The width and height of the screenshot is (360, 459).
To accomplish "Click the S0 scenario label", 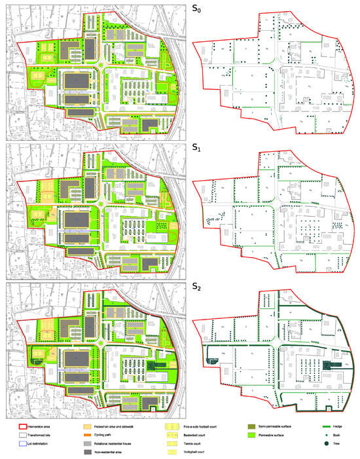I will pyautogui.click(x=197, y=9).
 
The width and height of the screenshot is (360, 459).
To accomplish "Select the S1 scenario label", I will pyautogui.click(x=197, y=149).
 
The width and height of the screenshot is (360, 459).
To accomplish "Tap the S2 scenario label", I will pyautogui.click(x=197, y=288).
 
